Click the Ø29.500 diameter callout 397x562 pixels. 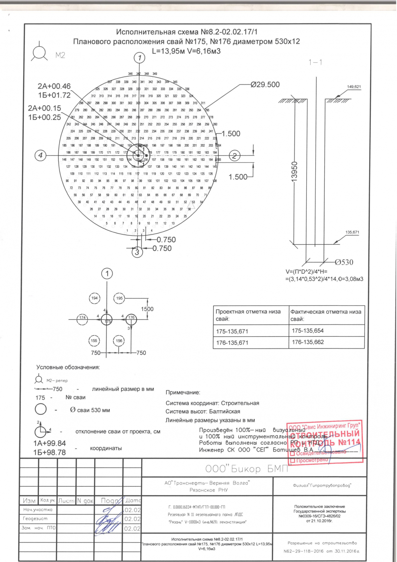coord(265,85)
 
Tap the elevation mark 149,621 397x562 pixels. coord(354,87)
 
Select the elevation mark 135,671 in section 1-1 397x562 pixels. coord(352,232)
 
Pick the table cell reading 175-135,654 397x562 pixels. coord(308,331)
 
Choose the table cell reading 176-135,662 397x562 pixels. coord(308,342)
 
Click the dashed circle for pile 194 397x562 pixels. coord(95,298)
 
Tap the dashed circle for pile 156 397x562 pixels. coord(119,341)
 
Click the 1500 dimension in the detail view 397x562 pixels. coord(147,309)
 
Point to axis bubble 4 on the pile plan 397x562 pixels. coord(40,155)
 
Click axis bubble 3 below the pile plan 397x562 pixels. coord(137,252)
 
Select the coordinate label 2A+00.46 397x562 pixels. coord(54,86)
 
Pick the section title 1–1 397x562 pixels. coord(315,62)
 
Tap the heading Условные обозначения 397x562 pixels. coord(68,367)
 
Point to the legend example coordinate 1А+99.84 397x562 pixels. coord(50,443)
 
